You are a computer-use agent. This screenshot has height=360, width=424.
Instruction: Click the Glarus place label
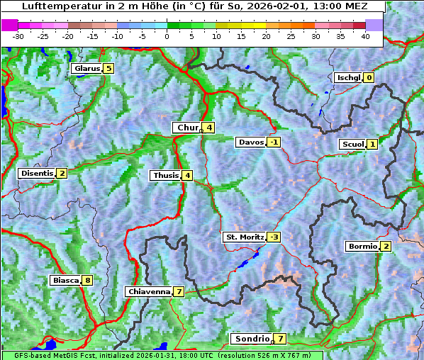pyautogui.click(x=86, y=69)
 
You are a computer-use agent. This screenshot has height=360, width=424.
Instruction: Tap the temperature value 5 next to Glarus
pyautogui.click(x=108, y=69)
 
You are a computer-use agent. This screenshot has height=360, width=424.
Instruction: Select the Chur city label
pyautogui.click(x=188, y=128)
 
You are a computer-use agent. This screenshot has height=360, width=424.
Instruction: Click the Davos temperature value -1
pyautogui.click(x=274, y=142)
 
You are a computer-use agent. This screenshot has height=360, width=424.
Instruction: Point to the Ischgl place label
pyautogui.click(x=348, y=78)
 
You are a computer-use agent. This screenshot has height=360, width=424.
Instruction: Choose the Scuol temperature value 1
pyautogui.click(x=372, y=145)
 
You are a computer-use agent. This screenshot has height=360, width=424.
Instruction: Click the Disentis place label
pyautogui.click(x=37, y=174)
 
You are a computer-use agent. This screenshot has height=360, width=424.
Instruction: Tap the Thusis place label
pyautogui.click(x=165, y=176)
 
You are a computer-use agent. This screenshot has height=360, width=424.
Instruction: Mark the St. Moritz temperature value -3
pyautogui.click(x=274, y=237)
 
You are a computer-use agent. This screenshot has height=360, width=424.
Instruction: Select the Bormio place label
pyautogui.click(x=362, y=247)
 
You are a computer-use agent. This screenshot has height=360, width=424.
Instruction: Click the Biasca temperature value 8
pyautogui.click(x=87, y=281)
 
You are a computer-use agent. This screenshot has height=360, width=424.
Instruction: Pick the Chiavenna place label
pyautogui.click(x=148, y=292)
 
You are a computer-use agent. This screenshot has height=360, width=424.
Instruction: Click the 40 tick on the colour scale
pyautogui.click(x=365, y=35)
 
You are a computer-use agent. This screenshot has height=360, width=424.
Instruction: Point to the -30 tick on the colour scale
pyautogui.click(x=18, y=35)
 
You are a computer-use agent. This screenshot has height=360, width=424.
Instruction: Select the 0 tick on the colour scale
pyautogui.click(x=167, y=35)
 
